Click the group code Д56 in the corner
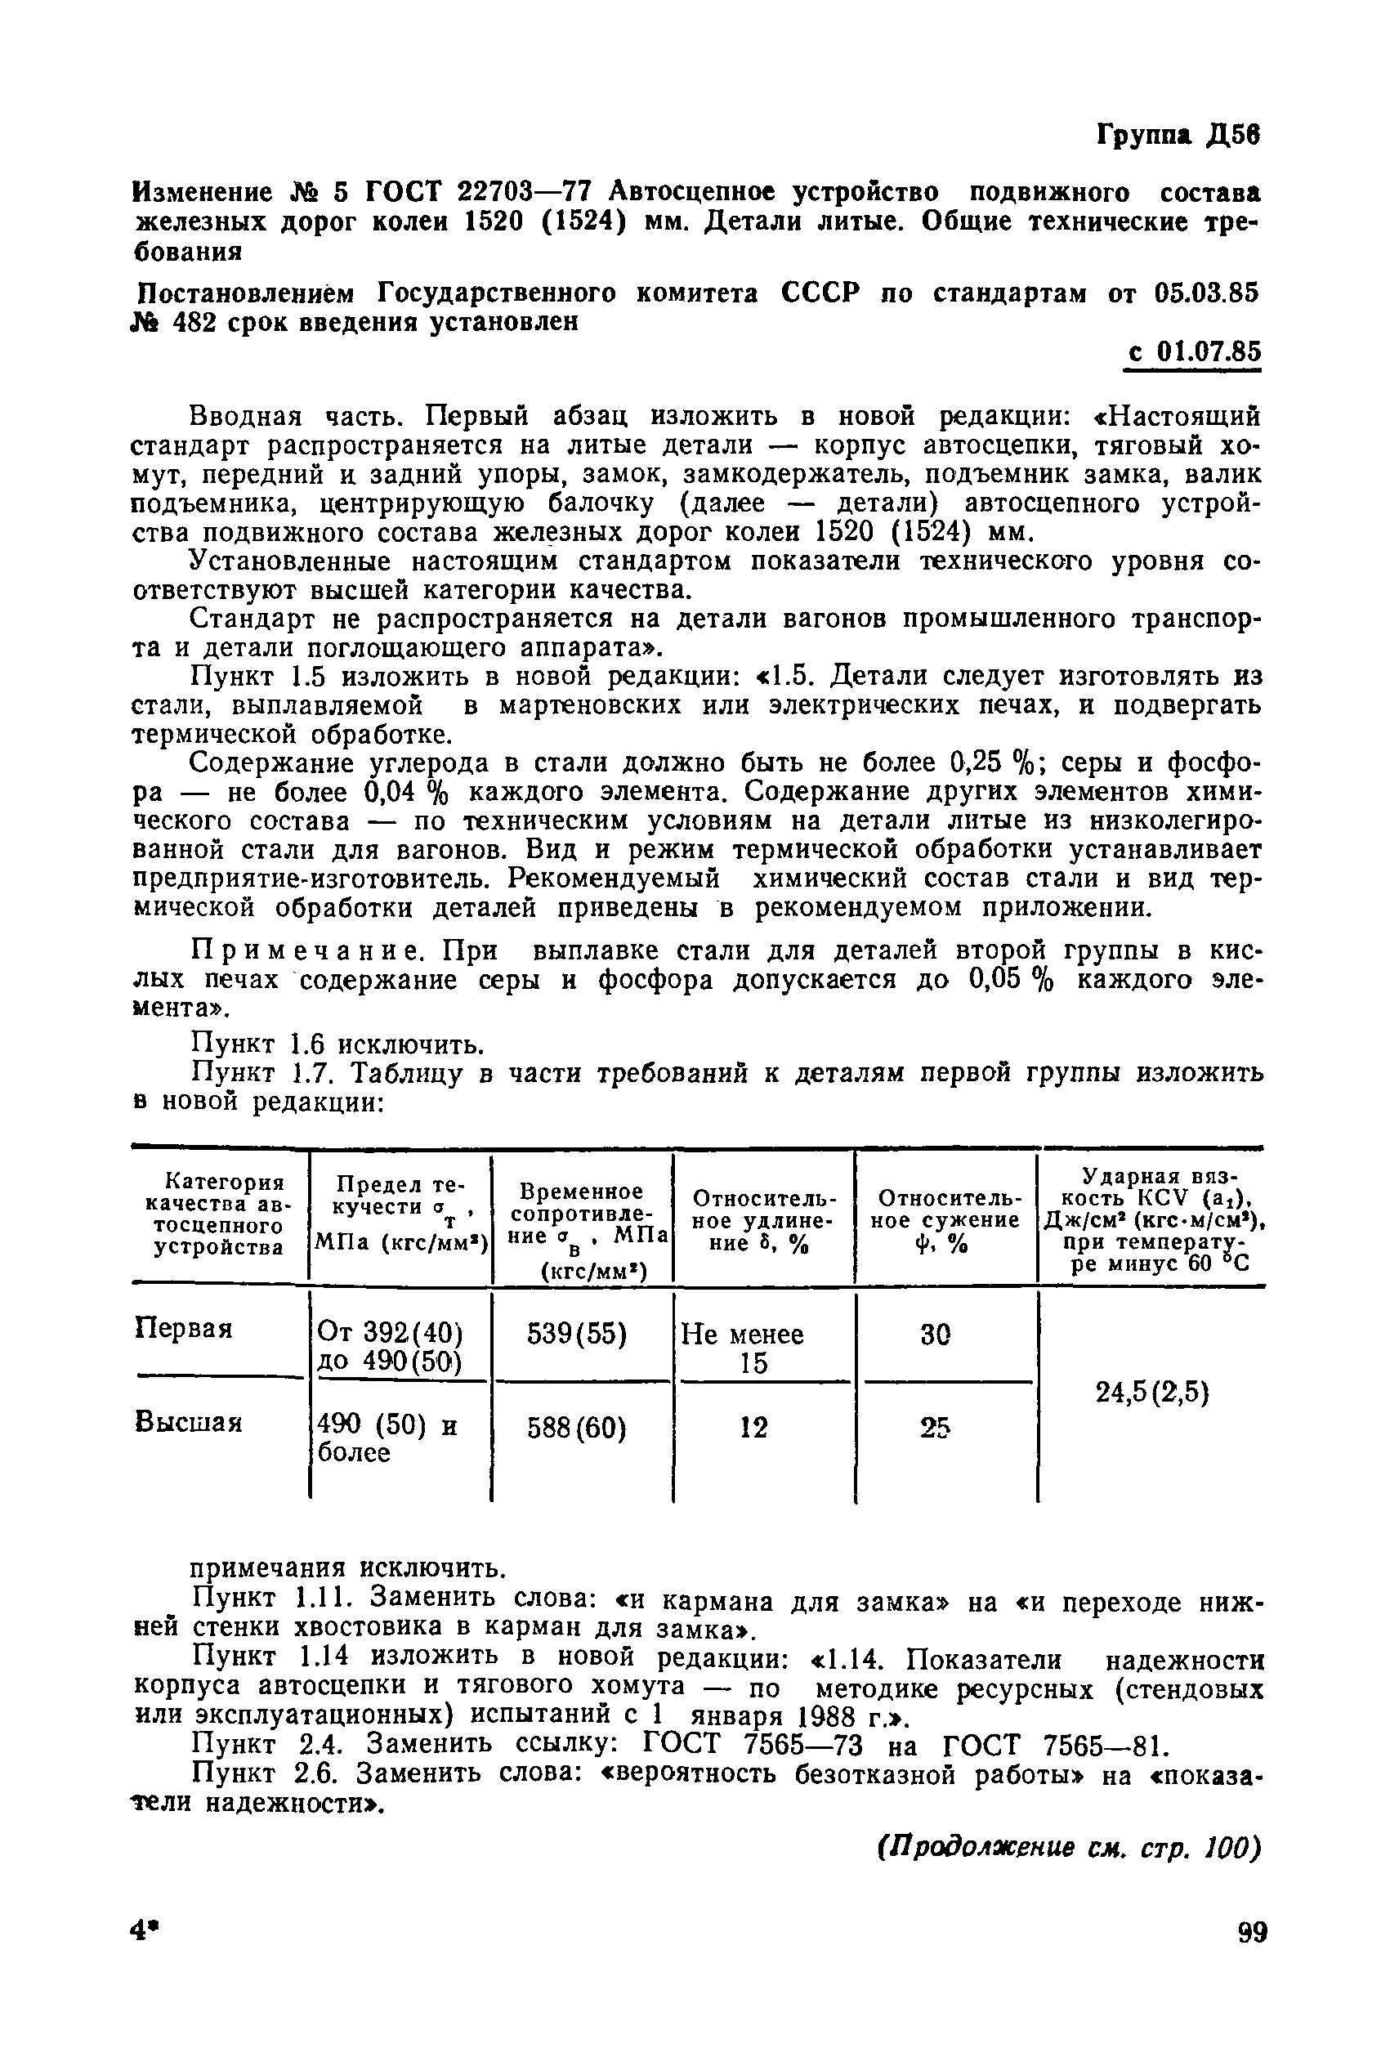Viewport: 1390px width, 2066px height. [1231, 135]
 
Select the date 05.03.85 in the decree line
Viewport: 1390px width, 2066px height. [1209, 293]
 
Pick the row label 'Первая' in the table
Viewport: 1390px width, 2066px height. [185, 1329]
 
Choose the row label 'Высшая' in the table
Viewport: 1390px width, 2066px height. [189, 1423]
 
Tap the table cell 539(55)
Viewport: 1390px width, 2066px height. [576, 1334]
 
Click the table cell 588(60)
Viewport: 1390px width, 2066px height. [576, 1428]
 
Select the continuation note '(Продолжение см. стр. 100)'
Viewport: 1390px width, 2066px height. [1068, 1849]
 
